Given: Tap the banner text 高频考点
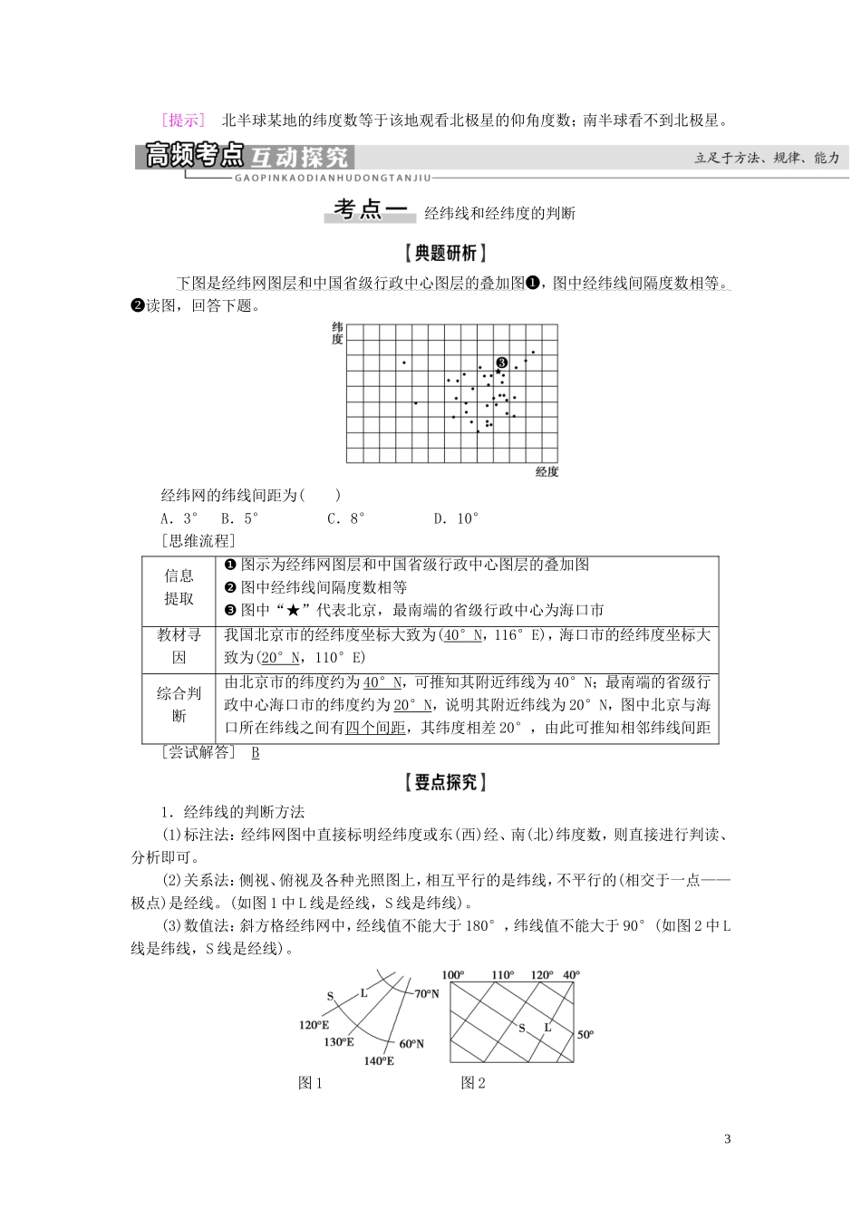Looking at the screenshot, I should coord(195,157).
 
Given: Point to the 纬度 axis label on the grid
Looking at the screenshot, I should coord(337,333).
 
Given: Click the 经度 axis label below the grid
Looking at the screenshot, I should coord(547,471).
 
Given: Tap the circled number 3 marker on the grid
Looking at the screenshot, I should coord(501,362).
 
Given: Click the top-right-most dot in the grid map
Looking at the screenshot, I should coord(533,352).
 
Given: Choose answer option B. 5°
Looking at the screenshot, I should coord(239,519).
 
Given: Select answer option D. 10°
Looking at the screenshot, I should coord(455,519).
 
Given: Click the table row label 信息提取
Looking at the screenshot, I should coord(179,587).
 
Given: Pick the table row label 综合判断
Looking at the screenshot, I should coord(179,704).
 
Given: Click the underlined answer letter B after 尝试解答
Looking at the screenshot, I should coord(256,753).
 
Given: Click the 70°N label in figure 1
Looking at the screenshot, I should coord(426,994).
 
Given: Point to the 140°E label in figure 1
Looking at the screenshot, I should coord(379,1060).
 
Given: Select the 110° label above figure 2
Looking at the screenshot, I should coord(502,976).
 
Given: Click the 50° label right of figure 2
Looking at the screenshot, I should coord(585,1034).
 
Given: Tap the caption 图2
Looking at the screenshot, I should coord(473,1083).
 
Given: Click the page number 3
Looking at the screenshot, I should coord(727,1139).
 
